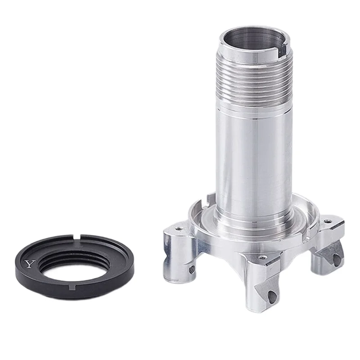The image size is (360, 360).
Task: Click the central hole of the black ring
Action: pyautogui.click(x=72, y=264)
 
